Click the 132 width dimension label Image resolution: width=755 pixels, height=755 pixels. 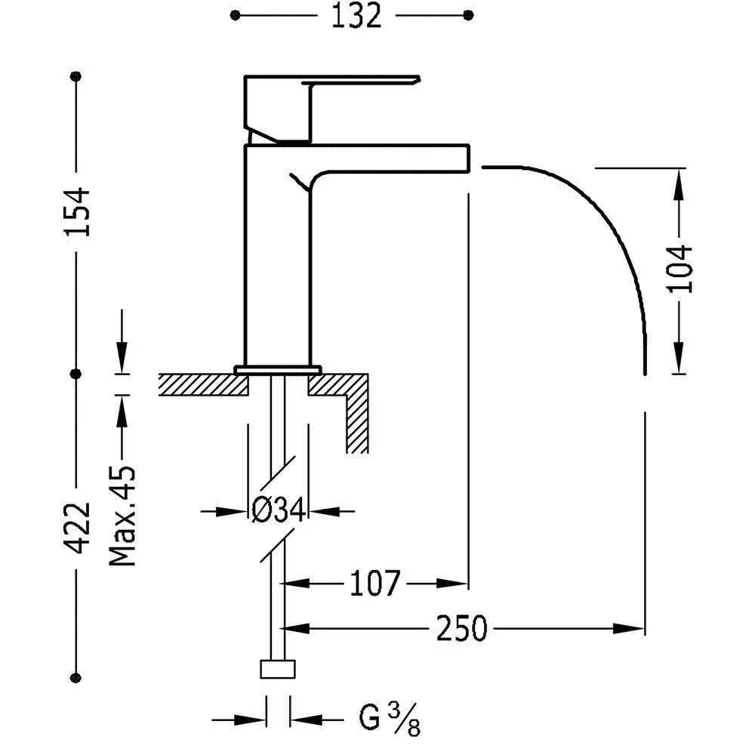[356, 15]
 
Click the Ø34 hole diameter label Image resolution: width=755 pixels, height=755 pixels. [278, 511]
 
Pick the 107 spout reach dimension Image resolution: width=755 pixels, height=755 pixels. [374, 583]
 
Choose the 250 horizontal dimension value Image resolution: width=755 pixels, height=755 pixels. [462, 627]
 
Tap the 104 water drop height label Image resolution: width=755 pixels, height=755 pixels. [679, 268]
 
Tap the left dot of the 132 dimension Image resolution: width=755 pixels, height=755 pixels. [236, 15]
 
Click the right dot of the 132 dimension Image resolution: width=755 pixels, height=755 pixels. [468, 15]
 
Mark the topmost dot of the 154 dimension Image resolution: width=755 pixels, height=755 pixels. [75, 76]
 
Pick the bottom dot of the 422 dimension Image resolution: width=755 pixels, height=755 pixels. [75, 676]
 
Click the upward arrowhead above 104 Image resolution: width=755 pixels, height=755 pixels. [679, 177]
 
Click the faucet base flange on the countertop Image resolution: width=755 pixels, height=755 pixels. [279, 369]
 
